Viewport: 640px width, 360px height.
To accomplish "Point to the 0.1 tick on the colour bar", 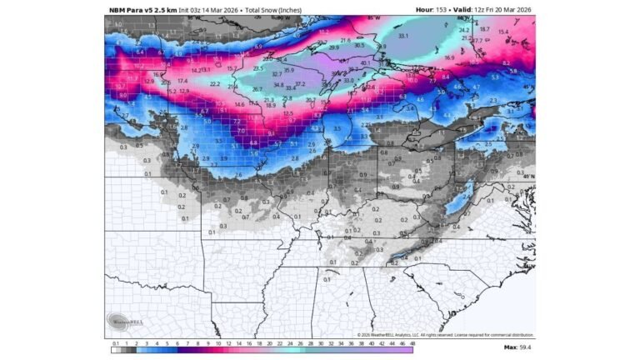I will pyautogui.click(x=114, y=342).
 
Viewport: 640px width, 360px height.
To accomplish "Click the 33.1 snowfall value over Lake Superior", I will pyautogui.click(x=403, y=37).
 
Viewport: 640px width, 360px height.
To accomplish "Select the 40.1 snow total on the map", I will pyautogui.click(x=365, y=62).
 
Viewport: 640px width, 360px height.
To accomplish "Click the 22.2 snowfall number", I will pyautogui.click(x=214, y=84).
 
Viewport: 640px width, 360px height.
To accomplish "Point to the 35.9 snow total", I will pyautogui.click(x=288, y=71).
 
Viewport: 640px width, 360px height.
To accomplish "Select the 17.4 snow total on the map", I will pyautogui.click(x=182, y=80).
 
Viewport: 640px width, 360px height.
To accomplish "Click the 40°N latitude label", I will pyautogui.click(x=528, y=176).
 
